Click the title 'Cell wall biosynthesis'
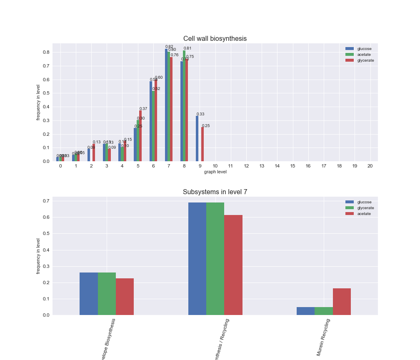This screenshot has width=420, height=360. (x=215, y=39)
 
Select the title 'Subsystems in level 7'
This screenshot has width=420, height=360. (x=215, y=192)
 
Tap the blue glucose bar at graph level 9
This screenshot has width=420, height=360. (x=197, y=139)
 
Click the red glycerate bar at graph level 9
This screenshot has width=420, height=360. (x=202, y=144)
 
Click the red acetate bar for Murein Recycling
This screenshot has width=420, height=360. (x=342, y=302)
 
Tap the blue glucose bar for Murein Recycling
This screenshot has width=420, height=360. (x=305, y=311)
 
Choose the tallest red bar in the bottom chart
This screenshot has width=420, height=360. (x=233, y=265)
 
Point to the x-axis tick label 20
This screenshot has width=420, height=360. (x=370, y=166)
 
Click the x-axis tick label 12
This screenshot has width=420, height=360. (x=246, y=166)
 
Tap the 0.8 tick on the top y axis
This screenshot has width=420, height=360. (x=46, y=52)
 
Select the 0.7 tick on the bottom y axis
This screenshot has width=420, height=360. (x=46, y=201)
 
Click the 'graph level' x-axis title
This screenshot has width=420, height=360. (x=215, y=172)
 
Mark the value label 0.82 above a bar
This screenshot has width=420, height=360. (x=169, y=47)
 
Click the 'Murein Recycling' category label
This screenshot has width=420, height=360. (x=323, y=337)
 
